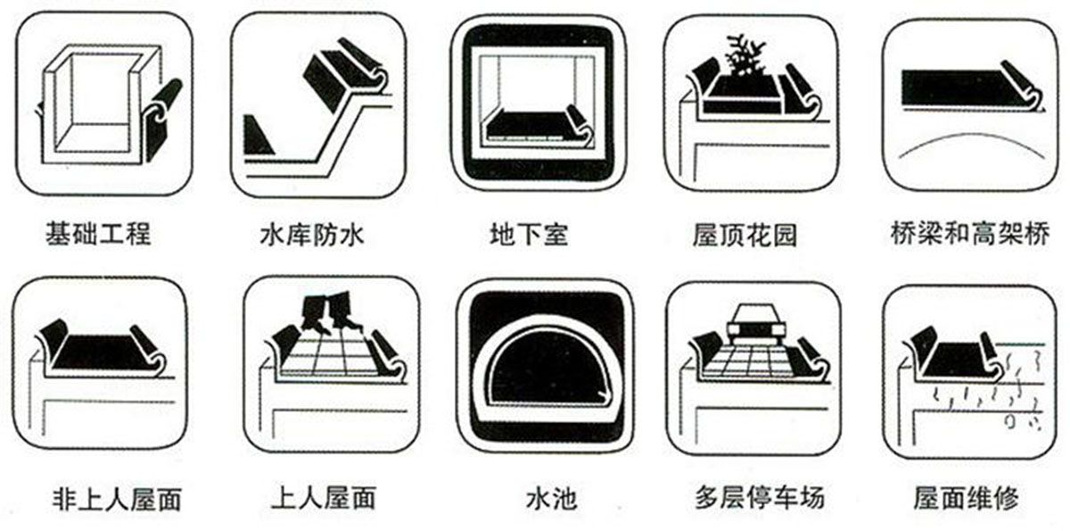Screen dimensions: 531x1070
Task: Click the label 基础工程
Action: point(99,234)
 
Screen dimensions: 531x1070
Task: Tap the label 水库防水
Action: point(312,235)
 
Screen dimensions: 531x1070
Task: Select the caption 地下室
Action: point(529,235)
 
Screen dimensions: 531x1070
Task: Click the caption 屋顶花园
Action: point(745,235)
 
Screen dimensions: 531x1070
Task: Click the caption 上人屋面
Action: point(323,496)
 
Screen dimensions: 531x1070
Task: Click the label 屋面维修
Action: point(967,496)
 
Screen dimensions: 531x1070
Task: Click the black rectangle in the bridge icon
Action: point(954,87)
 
